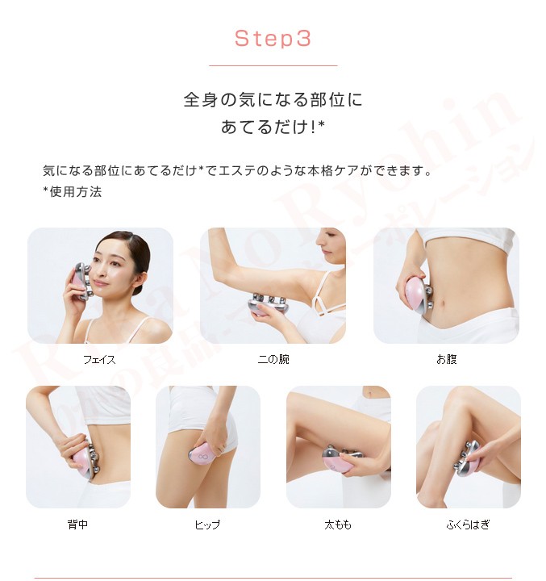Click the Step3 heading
click(273, 39)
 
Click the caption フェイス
click(99, 359)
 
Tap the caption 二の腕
click(273, 359)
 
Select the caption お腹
click(446, 359)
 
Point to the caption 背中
click(77, 525)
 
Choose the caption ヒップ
click(207, 525)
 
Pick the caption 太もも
click(338, 525)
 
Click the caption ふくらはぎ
click(468, 525)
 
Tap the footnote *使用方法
click(72, 192)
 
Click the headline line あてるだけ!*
click(273, 127)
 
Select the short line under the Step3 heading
click(273, 65)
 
